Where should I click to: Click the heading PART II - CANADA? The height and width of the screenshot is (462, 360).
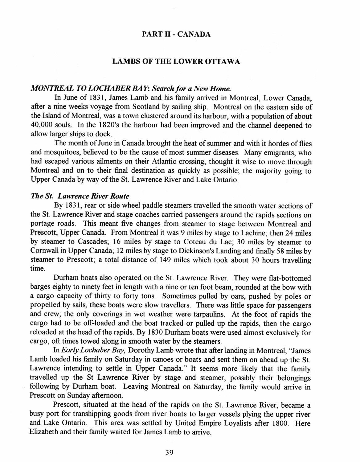click(176, 34)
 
